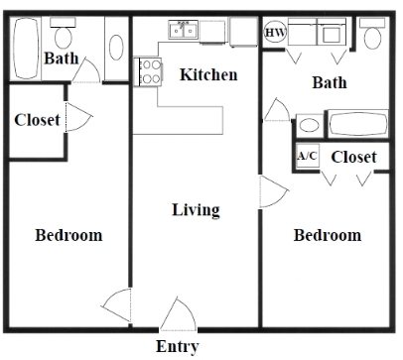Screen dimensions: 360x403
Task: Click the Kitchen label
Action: pyautogui.click(x=208, y=74)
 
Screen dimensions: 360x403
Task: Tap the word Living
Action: pyautogui.click(x=196, y=210)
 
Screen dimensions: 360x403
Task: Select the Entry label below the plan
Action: pyautogui.click(x=178, y=346)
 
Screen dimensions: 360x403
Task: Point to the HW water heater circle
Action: pyautogui.click(x=274, y=33)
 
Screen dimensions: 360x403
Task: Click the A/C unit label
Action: pyautogui.click(x=307, y=157)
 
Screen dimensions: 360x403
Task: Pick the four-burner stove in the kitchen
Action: pyautogui.click(x=150, y=71)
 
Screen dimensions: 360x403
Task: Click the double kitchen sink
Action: pyautogui.click(x=186, y=32)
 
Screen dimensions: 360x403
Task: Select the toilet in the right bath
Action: pyautogui.click(x=373, y=36)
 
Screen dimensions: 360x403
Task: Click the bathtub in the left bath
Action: pyautogui.click(x=24, y=40)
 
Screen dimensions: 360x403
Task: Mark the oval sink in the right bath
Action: pyautogui.click(x=310, y=127)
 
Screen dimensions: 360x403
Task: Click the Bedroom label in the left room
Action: pyautogui.click(x=68, y=235)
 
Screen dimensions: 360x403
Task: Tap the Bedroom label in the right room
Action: pyautogui.click(x=328, y=235)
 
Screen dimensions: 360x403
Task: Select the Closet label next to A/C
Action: pyautogui.click(x=353, y=158)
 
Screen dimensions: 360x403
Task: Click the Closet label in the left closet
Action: pyautogui.click(x=38, y=120)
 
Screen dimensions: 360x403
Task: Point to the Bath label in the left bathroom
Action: pyautogui.click(x=62, y=59)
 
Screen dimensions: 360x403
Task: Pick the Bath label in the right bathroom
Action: pyautogui.click(x=330, y=82)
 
